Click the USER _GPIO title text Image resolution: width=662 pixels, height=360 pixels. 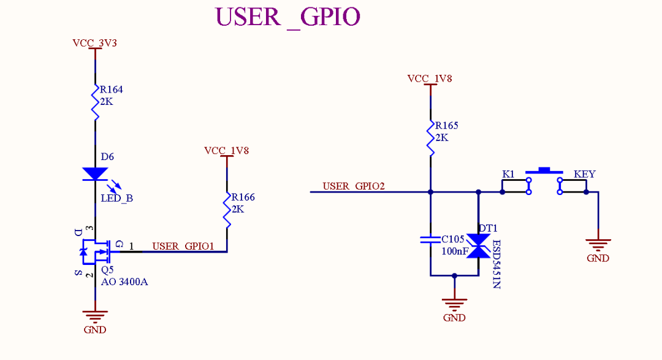[287, 17]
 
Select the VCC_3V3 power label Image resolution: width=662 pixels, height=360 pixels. [94, 43]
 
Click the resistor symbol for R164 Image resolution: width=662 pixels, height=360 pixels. [95, 102]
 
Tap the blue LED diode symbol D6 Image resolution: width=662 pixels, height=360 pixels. [95, 174]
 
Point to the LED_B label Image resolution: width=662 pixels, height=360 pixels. [116, 199]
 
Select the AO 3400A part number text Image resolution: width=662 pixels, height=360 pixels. [124, 282]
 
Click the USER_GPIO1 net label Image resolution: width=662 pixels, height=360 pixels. [183, 246]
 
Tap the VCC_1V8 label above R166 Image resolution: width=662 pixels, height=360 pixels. [226, 150]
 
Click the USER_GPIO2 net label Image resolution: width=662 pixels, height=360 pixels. [353, 186]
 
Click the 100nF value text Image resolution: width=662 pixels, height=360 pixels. [455, 251]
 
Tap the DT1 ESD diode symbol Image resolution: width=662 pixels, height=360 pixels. [478, 245]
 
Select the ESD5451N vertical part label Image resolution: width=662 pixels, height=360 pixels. [496, 264]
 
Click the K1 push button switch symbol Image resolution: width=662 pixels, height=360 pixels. [544, 182]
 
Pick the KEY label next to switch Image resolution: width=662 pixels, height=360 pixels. [584, 174]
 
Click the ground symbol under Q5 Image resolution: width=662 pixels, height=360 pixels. [95, 315]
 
